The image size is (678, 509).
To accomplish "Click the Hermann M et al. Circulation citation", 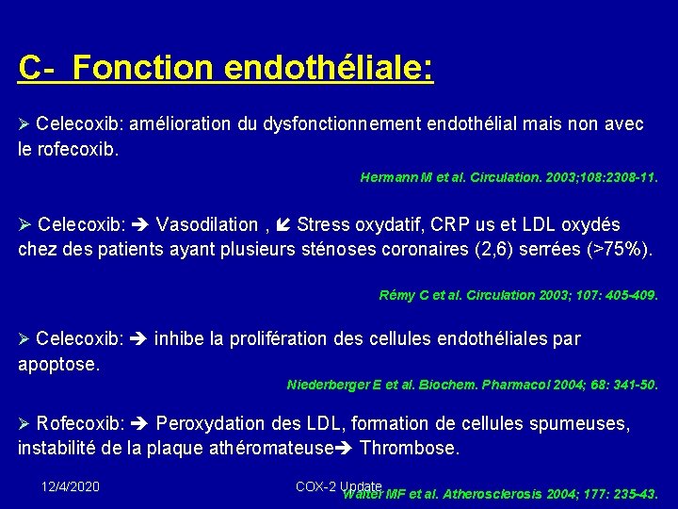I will [508, 177].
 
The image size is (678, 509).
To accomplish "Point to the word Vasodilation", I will [207, 224].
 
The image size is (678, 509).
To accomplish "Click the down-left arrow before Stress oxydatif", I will [284, 224].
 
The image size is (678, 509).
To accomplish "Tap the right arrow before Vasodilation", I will [142, 224].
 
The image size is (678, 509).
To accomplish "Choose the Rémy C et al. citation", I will [518, 295].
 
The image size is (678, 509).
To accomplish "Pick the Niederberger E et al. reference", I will [472, 385].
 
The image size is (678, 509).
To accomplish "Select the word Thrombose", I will [410, 448].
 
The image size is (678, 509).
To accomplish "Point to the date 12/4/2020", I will [71, 486].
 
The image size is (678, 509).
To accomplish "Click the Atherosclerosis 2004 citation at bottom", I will [499, 493].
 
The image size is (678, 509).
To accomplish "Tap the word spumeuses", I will [583, 424].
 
